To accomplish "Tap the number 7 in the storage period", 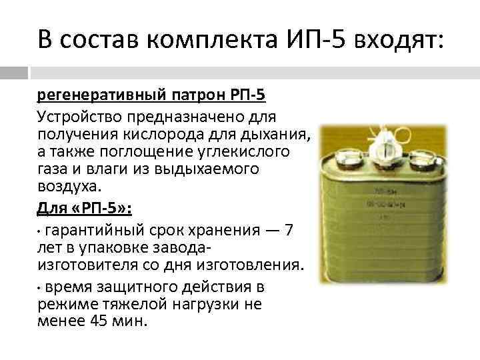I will click(x=288, y=231).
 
